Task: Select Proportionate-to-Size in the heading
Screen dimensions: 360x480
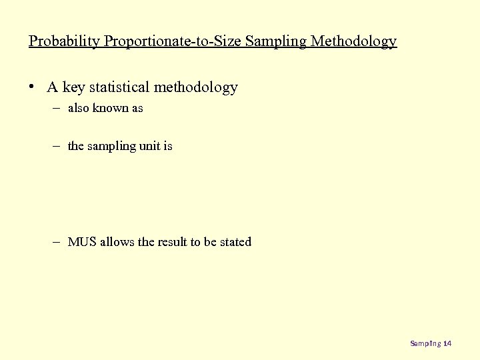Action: (x=173, y=41)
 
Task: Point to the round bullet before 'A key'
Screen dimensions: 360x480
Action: (x=32, y=87)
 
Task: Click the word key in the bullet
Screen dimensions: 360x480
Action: (x=73, y=87)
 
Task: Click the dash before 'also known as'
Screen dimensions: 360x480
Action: (x=58, y=108)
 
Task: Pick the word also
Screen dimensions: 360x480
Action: (x=79, y=108)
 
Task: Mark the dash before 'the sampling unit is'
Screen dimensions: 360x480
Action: (x=58, y=146)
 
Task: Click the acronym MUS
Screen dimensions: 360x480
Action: (x=82, y=242)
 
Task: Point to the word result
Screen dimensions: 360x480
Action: (x=172, y=242)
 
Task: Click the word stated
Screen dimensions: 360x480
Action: (x=235, y=242)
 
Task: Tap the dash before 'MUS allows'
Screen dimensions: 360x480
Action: (x=58, y=242)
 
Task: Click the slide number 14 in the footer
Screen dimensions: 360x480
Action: (x=447, y=343)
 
